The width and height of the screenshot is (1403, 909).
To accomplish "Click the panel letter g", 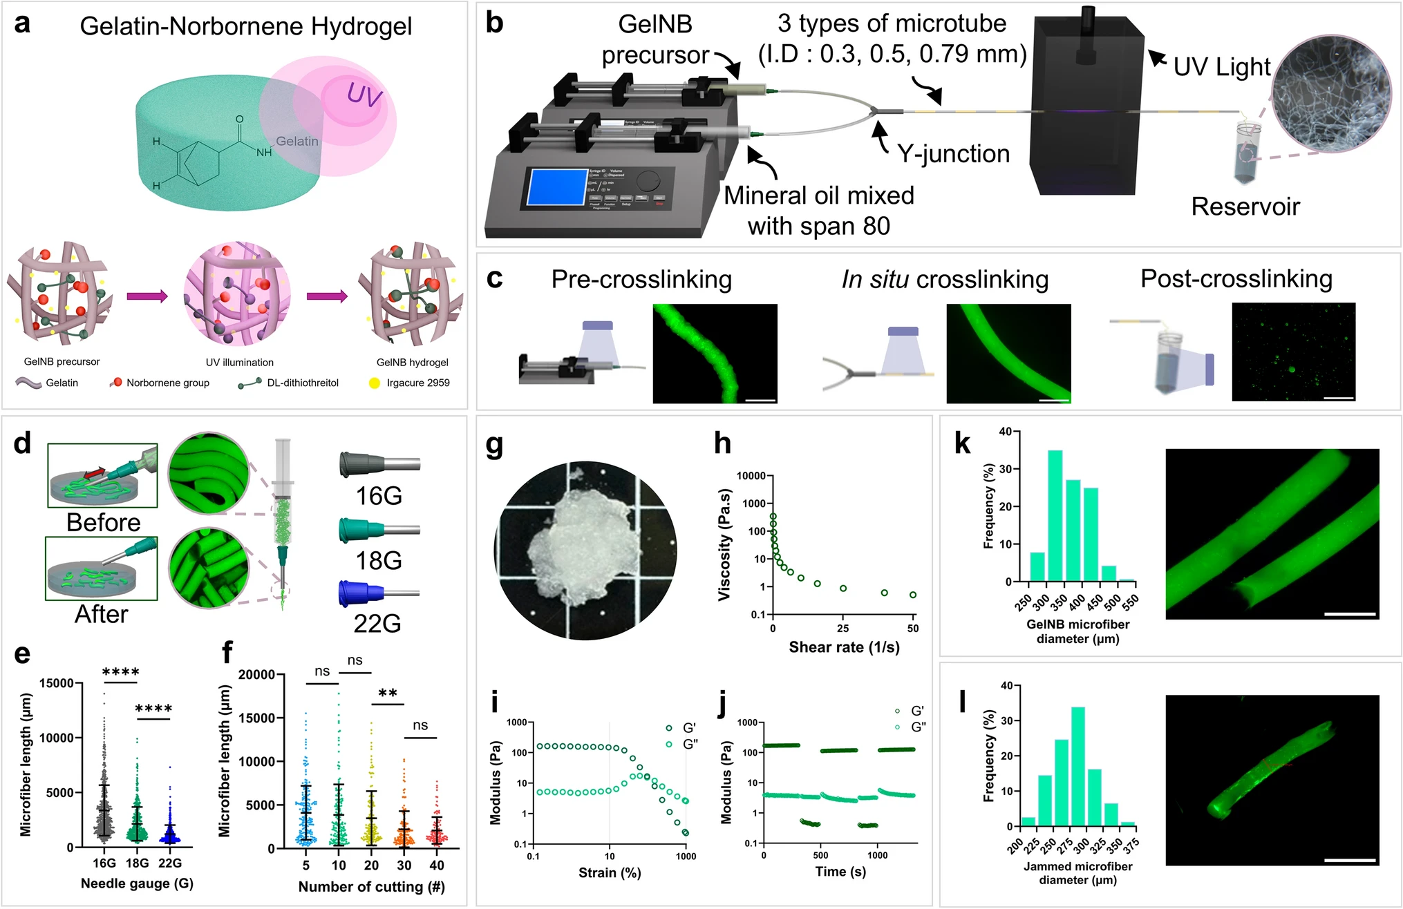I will coord(495,446).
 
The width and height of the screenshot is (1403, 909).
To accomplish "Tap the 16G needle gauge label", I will coord(378,495).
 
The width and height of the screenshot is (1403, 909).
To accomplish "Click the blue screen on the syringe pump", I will coord(556,186).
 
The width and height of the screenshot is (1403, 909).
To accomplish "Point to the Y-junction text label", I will coord(953,153).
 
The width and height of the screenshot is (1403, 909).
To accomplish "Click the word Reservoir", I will coord(1245,207).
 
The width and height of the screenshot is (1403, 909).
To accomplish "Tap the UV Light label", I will coord(1222,66).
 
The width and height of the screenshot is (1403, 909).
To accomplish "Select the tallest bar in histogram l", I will coord(1077,767).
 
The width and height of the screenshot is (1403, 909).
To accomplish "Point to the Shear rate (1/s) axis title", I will coord(844,647).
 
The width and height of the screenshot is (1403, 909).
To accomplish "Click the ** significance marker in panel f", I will coord(388,693).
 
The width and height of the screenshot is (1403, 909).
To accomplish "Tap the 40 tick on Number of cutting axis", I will coord(437,865).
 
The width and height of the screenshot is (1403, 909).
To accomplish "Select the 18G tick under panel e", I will coord(137,863).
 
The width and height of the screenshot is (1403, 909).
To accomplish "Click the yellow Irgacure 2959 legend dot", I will coord(375,383).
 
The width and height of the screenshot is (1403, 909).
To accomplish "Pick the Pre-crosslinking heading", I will coord(641,279).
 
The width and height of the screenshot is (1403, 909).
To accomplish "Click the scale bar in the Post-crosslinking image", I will coord(1339,397).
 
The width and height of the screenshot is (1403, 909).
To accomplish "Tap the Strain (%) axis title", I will coord(610,873).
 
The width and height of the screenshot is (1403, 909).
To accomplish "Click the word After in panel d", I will coord(102,614).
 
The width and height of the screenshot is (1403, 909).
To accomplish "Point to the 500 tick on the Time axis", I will coord(820,855).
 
